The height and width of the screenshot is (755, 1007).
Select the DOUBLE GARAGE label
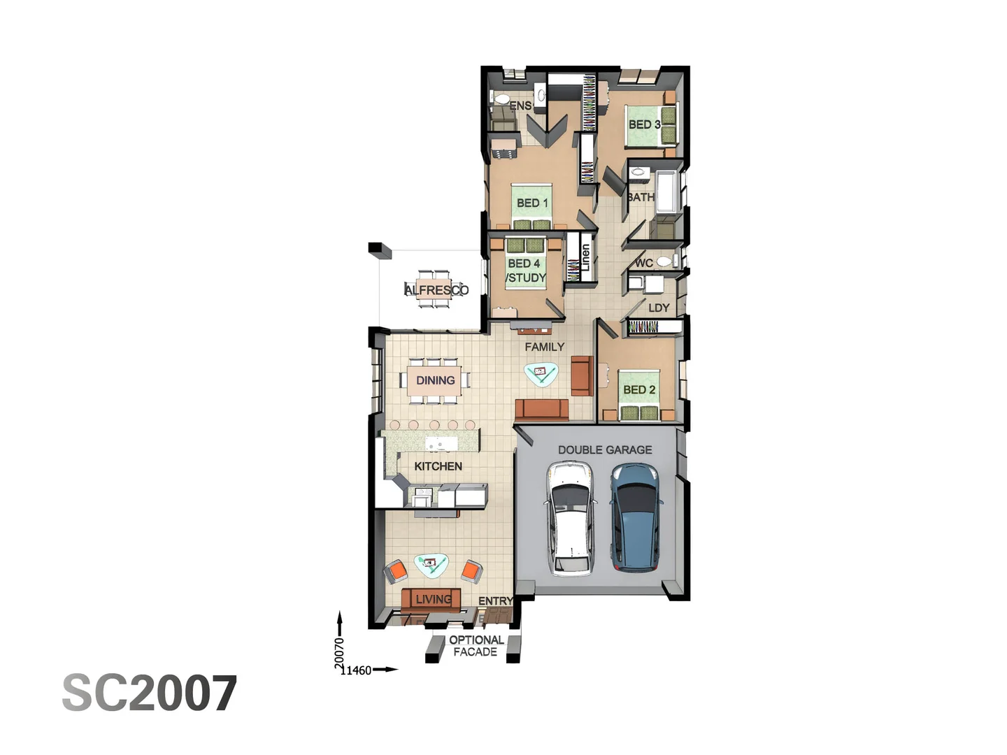[x=605, y=450]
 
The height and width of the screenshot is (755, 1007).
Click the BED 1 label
[x=532, y=203]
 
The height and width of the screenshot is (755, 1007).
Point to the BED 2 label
[x=639, y=389]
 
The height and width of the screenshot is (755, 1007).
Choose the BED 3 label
[x=644, y=124]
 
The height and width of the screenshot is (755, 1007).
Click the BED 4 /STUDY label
[x=525, y=271]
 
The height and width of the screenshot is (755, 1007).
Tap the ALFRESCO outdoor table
[x=436, y=289]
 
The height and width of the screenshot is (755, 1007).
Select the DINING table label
[x=435, y=380]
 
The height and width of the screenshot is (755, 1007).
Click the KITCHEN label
[x=438, y=466]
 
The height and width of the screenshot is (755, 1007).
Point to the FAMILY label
[x=544, y=347]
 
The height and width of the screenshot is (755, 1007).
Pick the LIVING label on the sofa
[x=433, y=599]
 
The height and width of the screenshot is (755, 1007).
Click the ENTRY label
[x=495, y=601]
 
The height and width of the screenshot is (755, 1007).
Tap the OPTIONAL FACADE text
[x=476, y=646]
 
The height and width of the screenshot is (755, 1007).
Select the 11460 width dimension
[x=357, y=670]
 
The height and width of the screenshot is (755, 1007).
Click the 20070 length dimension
[x=339, y=651]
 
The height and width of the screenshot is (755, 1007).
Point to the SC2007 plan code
[x=150, y=693]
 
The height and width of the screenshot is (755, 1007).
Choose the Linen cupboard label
[x=585, y=257]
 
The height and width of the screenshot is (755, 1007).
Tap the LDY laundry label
[x=659, y=308]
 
